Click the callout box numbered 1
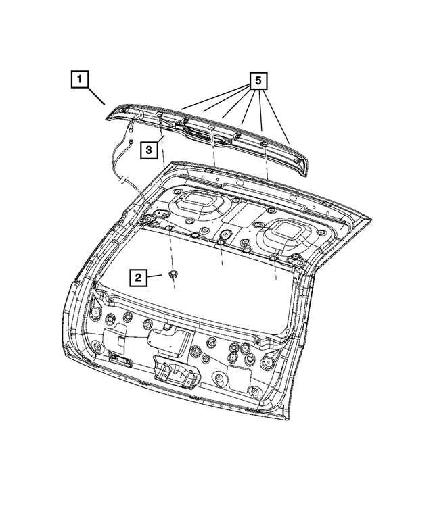pyautogui.click(x=79, y=79)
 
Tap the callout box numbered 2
pyautogui.click(x=138, y=277)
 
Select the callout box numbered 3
pyautogui.click(x=149, y=150)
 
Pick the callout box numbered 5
pyautogui.click(x=258, y=80)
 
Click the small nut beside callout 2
pyautogui.click(x=173, y=274)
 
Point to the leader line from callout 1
pyautogui.click(x=96, y=96)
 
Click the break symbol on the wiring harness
pyautogui.click(x=124, y=180)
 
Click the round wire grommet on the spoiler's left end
pyautogui.click(x=140, y=115)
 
